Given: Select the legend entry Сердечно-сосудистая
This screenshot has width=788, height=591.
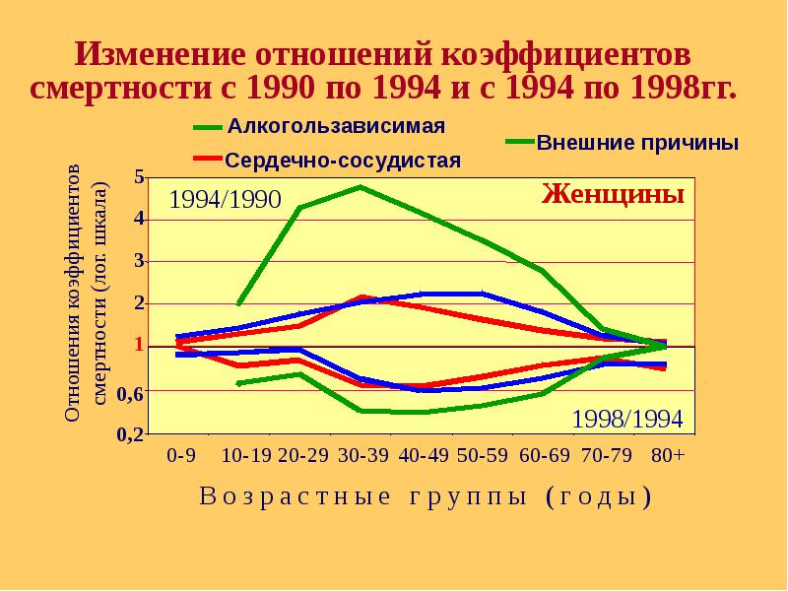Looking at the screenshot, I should click(343, 160).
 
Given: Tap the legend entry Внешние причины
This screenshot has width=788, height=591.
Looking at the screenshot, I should click(637, 142).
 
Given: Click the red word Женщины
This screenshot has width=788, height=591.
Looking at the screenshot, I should click(613, 193).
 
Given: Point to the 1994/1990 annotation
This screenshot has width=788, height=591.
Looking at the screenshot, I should click(226, 200).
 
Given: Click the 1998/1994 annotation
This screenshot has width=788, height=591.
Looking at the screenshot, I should click(627, 418).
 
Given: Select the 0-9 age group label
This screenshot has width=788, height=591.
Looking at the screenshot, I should click(180, 457).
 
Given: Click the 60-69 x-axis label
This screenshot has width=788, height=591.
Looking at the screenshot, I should click(544, 457).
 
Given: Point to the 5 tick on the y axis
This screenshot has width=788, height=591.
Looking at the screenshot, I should click(139, 177).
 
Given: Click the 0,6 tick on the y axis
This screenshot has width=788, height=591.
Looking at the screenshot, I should click(132, 393).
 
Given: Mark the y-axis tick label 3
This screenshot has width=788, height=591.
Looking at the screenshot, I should click(139, 261).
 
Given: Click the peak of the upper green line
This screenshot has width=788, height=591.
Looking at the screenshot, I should click(361, 186).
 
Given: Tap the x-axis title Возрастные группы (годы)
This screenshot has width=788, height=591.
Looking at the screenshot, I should click(426, 496).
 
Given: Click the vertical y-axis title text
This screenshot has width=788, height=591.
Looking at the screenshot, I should click(86, 294).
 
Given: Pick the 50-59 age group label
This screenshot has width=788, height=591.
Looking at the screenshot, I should click(483, 457).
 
